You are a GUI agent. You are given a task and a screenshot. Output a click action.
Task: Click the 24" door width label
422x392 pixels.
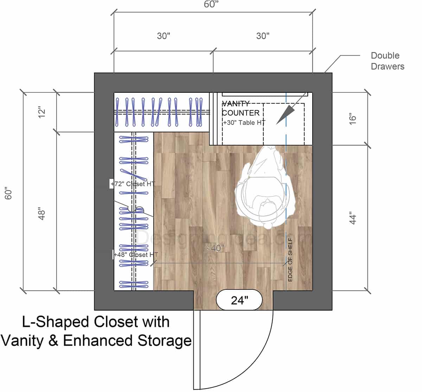coord(239,300)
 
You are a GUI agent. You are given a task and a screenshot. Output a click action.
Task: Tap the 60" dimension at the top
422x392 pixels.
coord(211,5)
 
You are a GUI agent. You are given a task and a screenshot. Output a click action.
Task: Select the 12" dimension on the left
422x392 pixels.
coord(42,112)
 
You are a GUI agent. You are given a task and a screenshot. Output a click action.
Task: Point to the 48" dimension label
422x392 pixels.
coord(42,214)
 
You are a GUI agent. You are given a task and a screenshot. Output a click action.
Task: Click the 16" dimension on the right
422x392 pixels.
coord(353,118)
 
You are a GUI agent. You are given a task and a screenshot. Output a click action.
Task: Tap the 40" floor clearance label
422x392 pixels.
coord(217,248)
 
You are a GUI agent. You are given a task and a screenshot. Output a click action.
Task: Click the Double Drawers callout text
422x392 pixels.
coord(387,61)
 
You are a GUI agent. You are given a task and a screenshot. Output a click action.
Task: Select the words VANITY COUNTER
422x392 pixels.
coord(241,108)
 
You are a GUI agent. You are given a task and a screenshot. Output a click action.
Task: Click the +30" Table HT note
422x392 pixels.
coord(244,123)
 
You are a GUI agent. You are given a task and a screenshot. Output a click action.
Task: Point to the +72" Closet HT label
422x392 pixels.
coord(133,184)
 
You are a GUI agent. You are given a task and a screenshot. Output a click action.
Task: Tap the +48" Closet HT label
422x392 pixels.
coord(136,255)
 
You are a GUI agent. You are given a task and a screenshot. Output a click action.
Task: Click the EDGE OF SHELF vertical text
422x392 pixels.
coord(290,260)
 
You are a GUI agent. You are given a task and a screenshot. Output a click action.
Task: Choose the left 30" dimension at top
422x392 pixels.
coord(164,36)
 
